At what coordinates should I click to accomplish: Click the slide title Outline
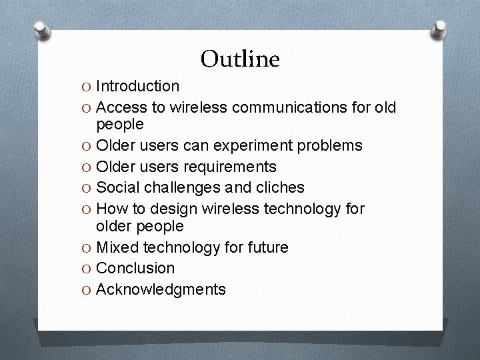point(240,59)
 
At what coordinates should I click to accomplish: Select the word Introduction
point(137,86)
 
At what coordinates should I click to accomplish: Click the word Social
point(118,187)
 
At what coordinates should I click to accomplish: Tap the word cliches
point(278,187)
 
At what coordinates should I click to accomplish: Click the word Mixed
point(117,247)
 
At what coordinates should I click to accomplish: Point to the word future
point(265,247)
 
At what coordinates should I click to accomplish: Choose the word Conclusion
point(136,268)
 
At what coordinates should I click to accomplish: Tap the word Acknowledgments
point(161,289)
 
